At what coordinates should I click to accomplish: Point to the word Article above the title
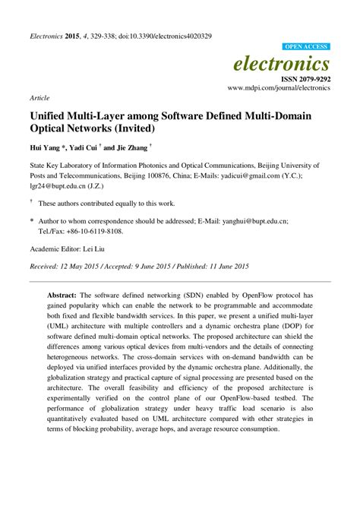pyautogui.click(x=39, y=98)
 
